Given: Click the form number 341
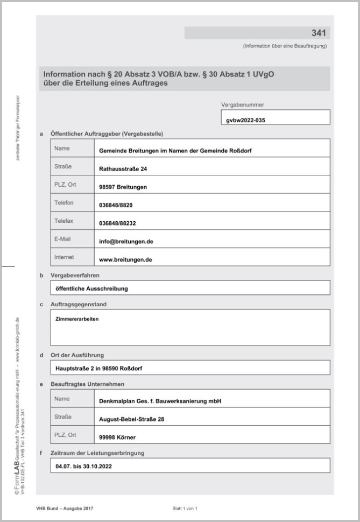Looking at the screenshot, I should click(x=319, y=33).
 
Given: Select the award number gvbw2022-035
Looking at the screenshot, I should click(x=246, y=121).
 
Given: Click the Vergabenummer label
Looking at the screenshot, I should click(x=243, y=105).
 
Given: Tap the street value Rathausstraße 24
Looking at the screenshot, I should click(x=123, y=169).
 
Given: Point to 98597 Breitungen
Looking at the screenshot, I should click(x=123, y=187).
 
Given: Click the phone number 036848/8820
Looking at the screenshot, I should click(x=116, y=206).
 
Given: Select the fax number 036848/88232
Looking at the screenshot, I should click(x=117, y=223).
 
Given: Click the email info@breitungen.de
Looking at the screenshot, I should click(x=126, y=242).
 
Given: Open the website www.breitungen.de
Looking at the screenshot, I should click(x=126, y=259).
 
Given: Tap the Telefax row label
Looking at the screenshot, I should click(x=64, y=221).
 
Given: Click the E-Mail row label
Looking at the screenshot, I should click(x=62, y=238).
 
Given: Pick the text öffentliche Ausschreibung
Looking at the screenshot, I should click(x=91, y=289).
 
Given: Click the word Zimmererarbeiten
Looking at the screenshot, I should click(x=77, y=319).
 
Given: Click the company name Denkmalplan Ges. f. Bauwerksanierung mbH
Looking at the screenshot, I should click(x=160, y=401).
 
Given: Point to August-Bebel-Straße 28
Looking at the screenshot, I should click(x=132, y=419).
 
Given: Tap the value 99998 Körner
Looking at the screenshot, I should click(x=118, y=438).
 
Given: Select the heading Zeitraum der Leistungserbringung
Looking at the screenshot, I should click(x=97, y=453).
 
